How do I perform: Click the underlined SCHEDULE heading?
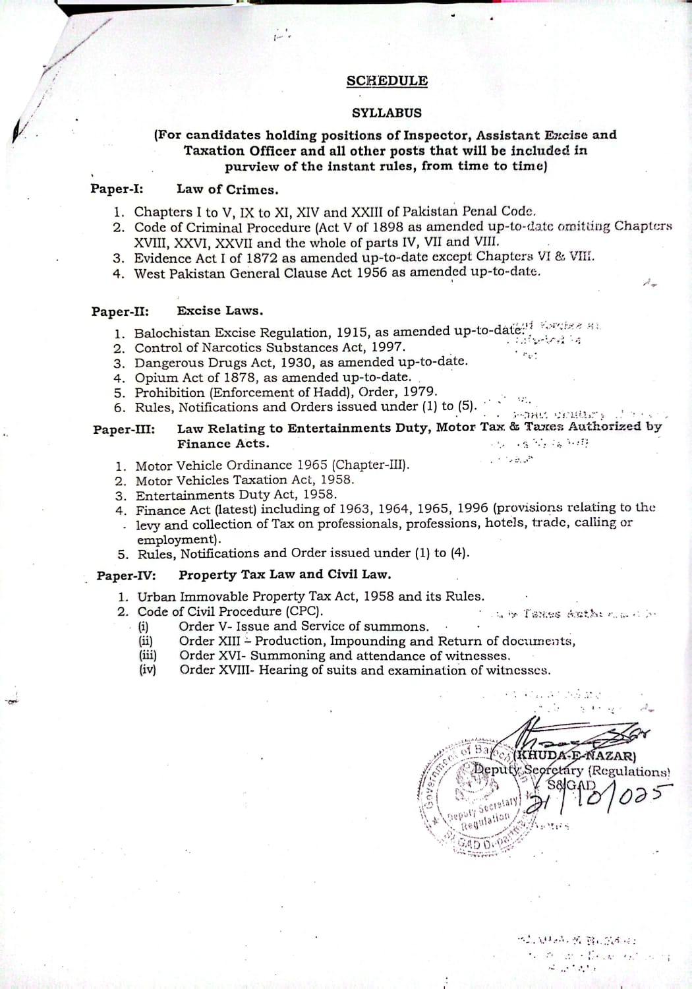(x=387, y=81)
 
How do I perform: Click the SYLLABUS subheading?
(x=386, y=113)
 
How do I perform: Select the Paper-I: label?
(x=117, y=189)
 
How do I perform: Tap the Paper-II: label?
(x=119, y=311)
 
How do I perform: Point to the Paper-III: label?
(x=124, y=429)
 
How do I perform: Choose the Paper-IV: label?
(x=126, y=576)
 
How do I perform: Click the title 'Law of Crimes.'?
(x=227, y=189)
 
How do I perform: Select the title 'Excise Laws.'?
(x=219, y=311)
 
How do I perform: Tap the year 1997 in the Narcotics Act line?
(x=387, y=347)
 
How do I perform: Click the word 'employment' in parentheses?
(x=176, y=539)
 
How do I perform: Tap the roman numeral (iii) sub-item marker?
(x=147, y=655)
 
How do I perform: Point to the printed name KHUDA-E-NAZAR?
(x=575, y=756)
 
